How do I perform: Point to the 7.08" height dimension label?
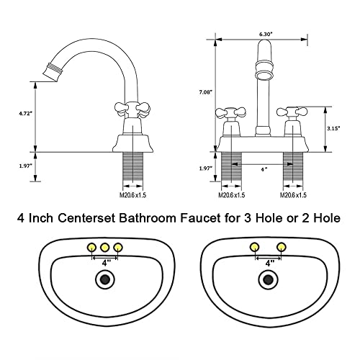[205, 92]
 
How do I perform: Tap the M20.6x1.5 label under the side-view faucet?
[133, 194]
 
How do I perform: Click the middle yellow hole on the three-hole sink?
[105, 248]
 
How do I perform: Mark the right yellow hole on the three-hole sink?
[118, 248]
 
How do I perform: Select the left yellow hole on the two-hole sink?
[254, 248]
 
